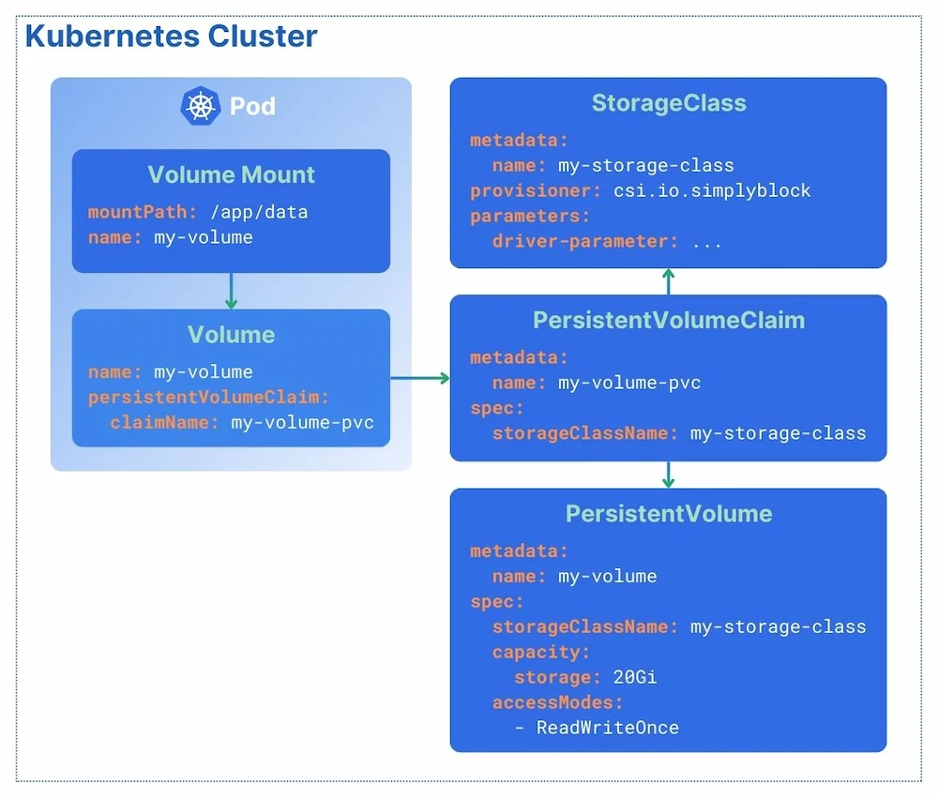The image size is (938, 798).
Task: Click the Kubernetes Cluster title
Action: (x=171, y=37)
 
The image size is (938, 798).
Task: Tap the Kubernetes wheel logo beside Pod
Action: (x=200, y=105)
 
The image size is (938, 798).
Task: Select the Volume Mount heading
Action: (x=231, y=174)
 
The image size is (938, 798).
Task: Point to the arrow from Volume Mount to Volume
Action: (x=231, y=291)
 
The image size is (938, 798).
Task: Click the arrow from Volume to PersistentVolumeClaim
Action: (x=419, y=378)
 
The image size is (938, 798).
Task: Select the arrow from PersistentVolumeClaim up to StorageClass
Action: (x=668, y=281)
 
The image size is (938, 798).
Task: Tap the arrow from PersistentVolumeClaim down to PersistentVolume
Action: (x=668, y=474)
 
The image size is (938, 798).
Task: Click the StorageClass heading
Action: (x=668, y=103)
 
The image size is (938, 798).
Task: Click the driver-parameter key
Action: (x=584, y=241)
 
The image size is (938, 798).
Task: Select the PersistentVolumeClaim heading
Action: (x=668, y=320)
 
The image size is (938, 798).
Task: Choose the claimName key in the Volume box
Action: (x=164, y=423)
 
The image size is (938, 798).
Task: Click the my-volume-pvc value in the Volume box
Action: (x=302, y=423)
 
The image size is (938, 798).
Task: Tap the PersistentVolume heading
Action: (x=668, y=514)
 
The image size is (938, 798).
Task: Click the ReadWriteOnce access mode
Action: (x=607, y=728)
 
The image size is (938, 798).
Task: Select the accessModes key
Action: (x=557, y=702)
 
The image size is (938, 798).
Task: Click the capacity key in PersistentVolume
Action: (x=540, y=652)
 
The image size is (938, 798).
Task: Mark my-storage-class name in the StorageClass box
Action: (x=645, y=166)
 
